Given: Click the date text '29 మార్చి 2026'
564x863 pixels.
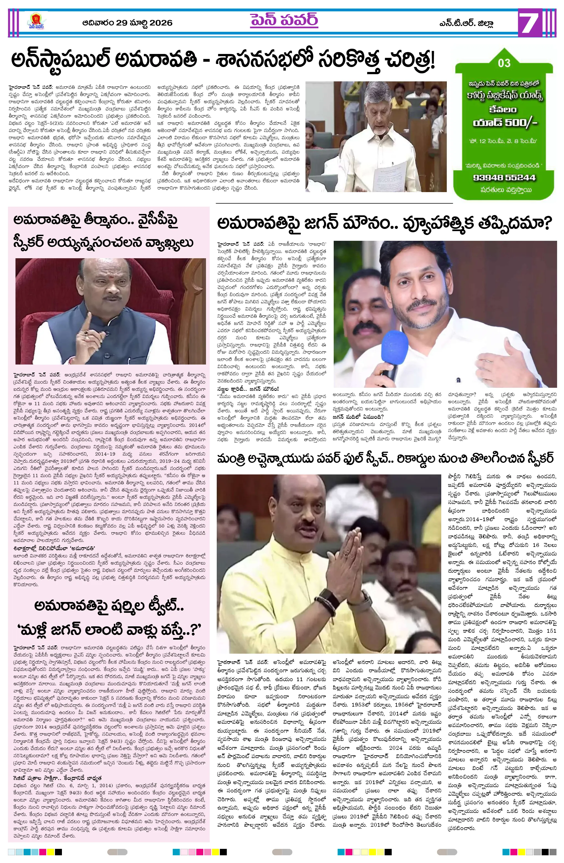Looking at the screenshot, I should click(x=144, y=23).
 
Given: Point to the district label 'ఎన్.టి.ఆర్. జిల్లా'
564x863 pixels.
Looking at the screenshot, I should click(x=466, y=24).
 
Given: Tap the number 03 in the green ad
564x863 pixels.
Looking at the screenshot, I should click(x=504, y=63).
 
